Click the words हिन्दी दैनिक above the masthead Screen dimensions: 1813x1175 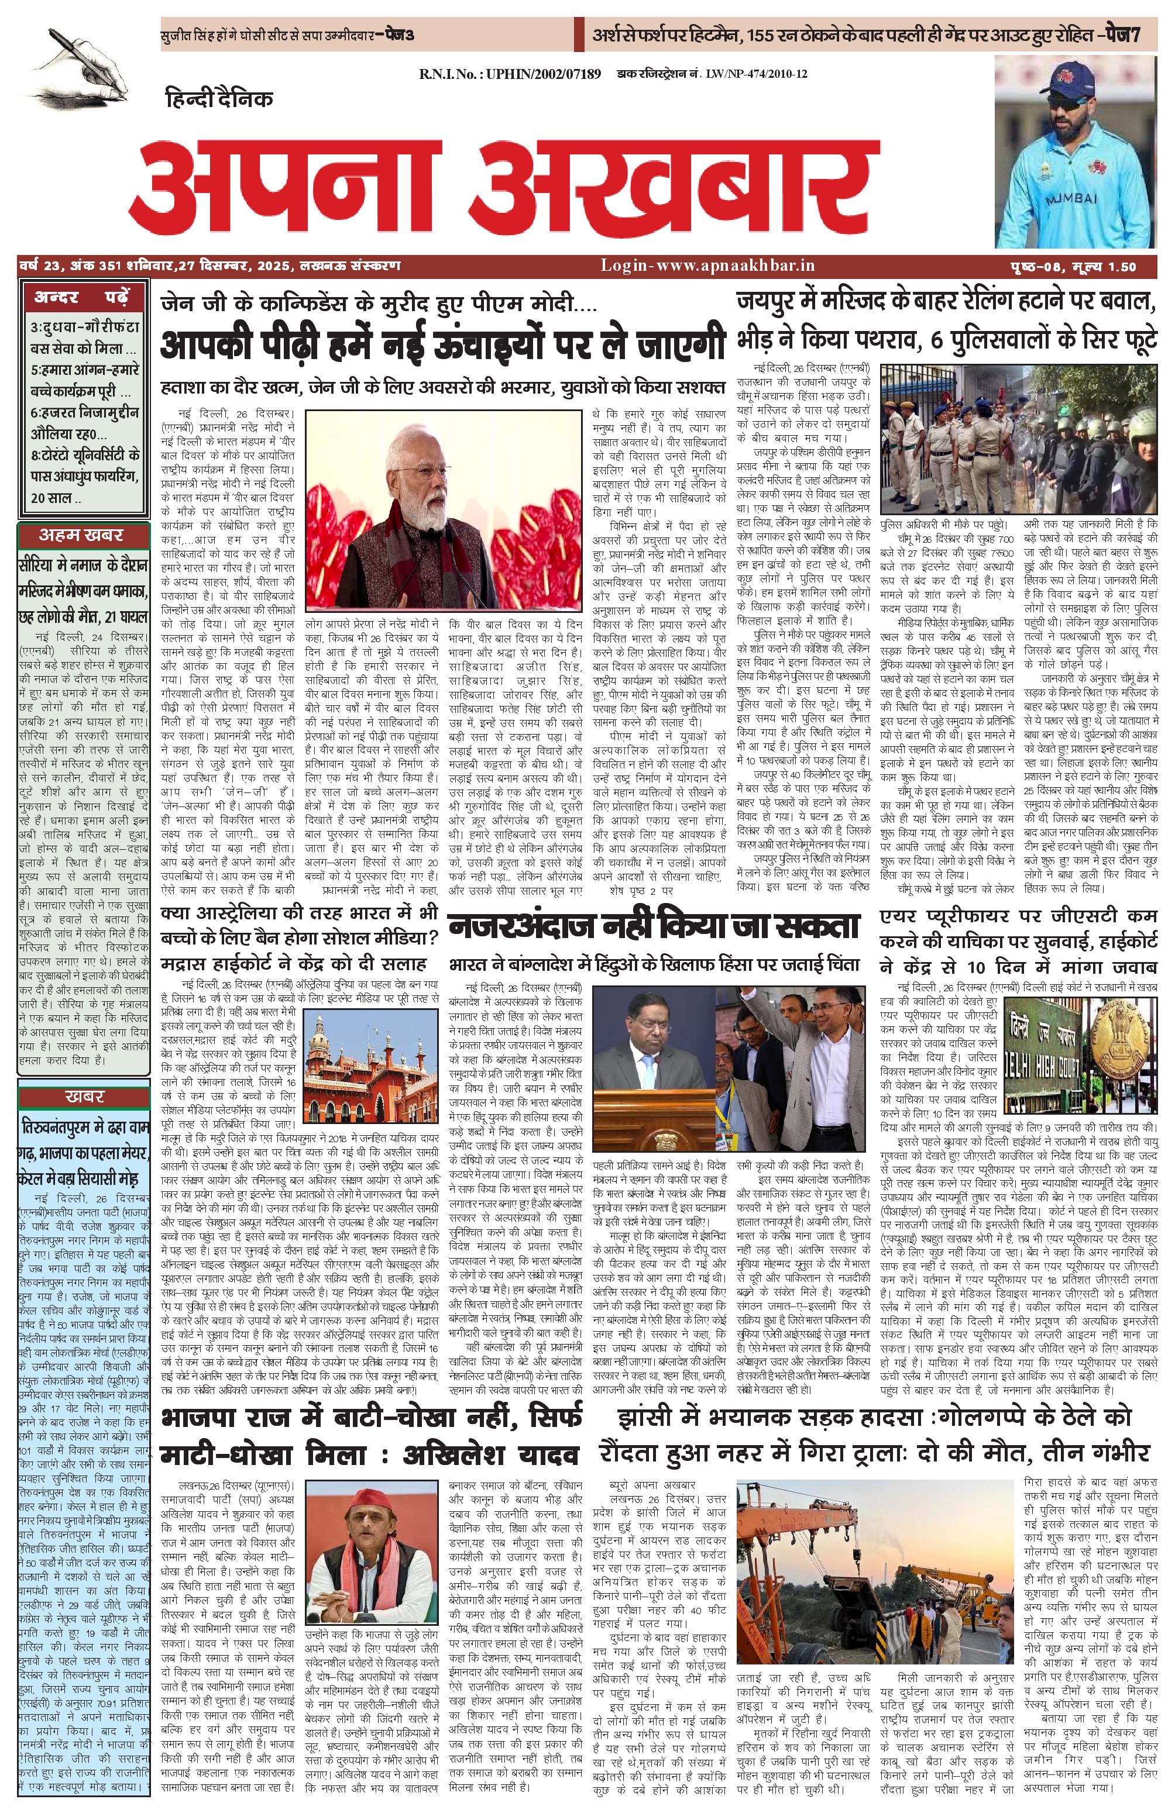pos(219,98)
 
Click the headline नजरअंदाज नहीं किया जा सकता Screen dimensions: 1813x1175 pos(654,927)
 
